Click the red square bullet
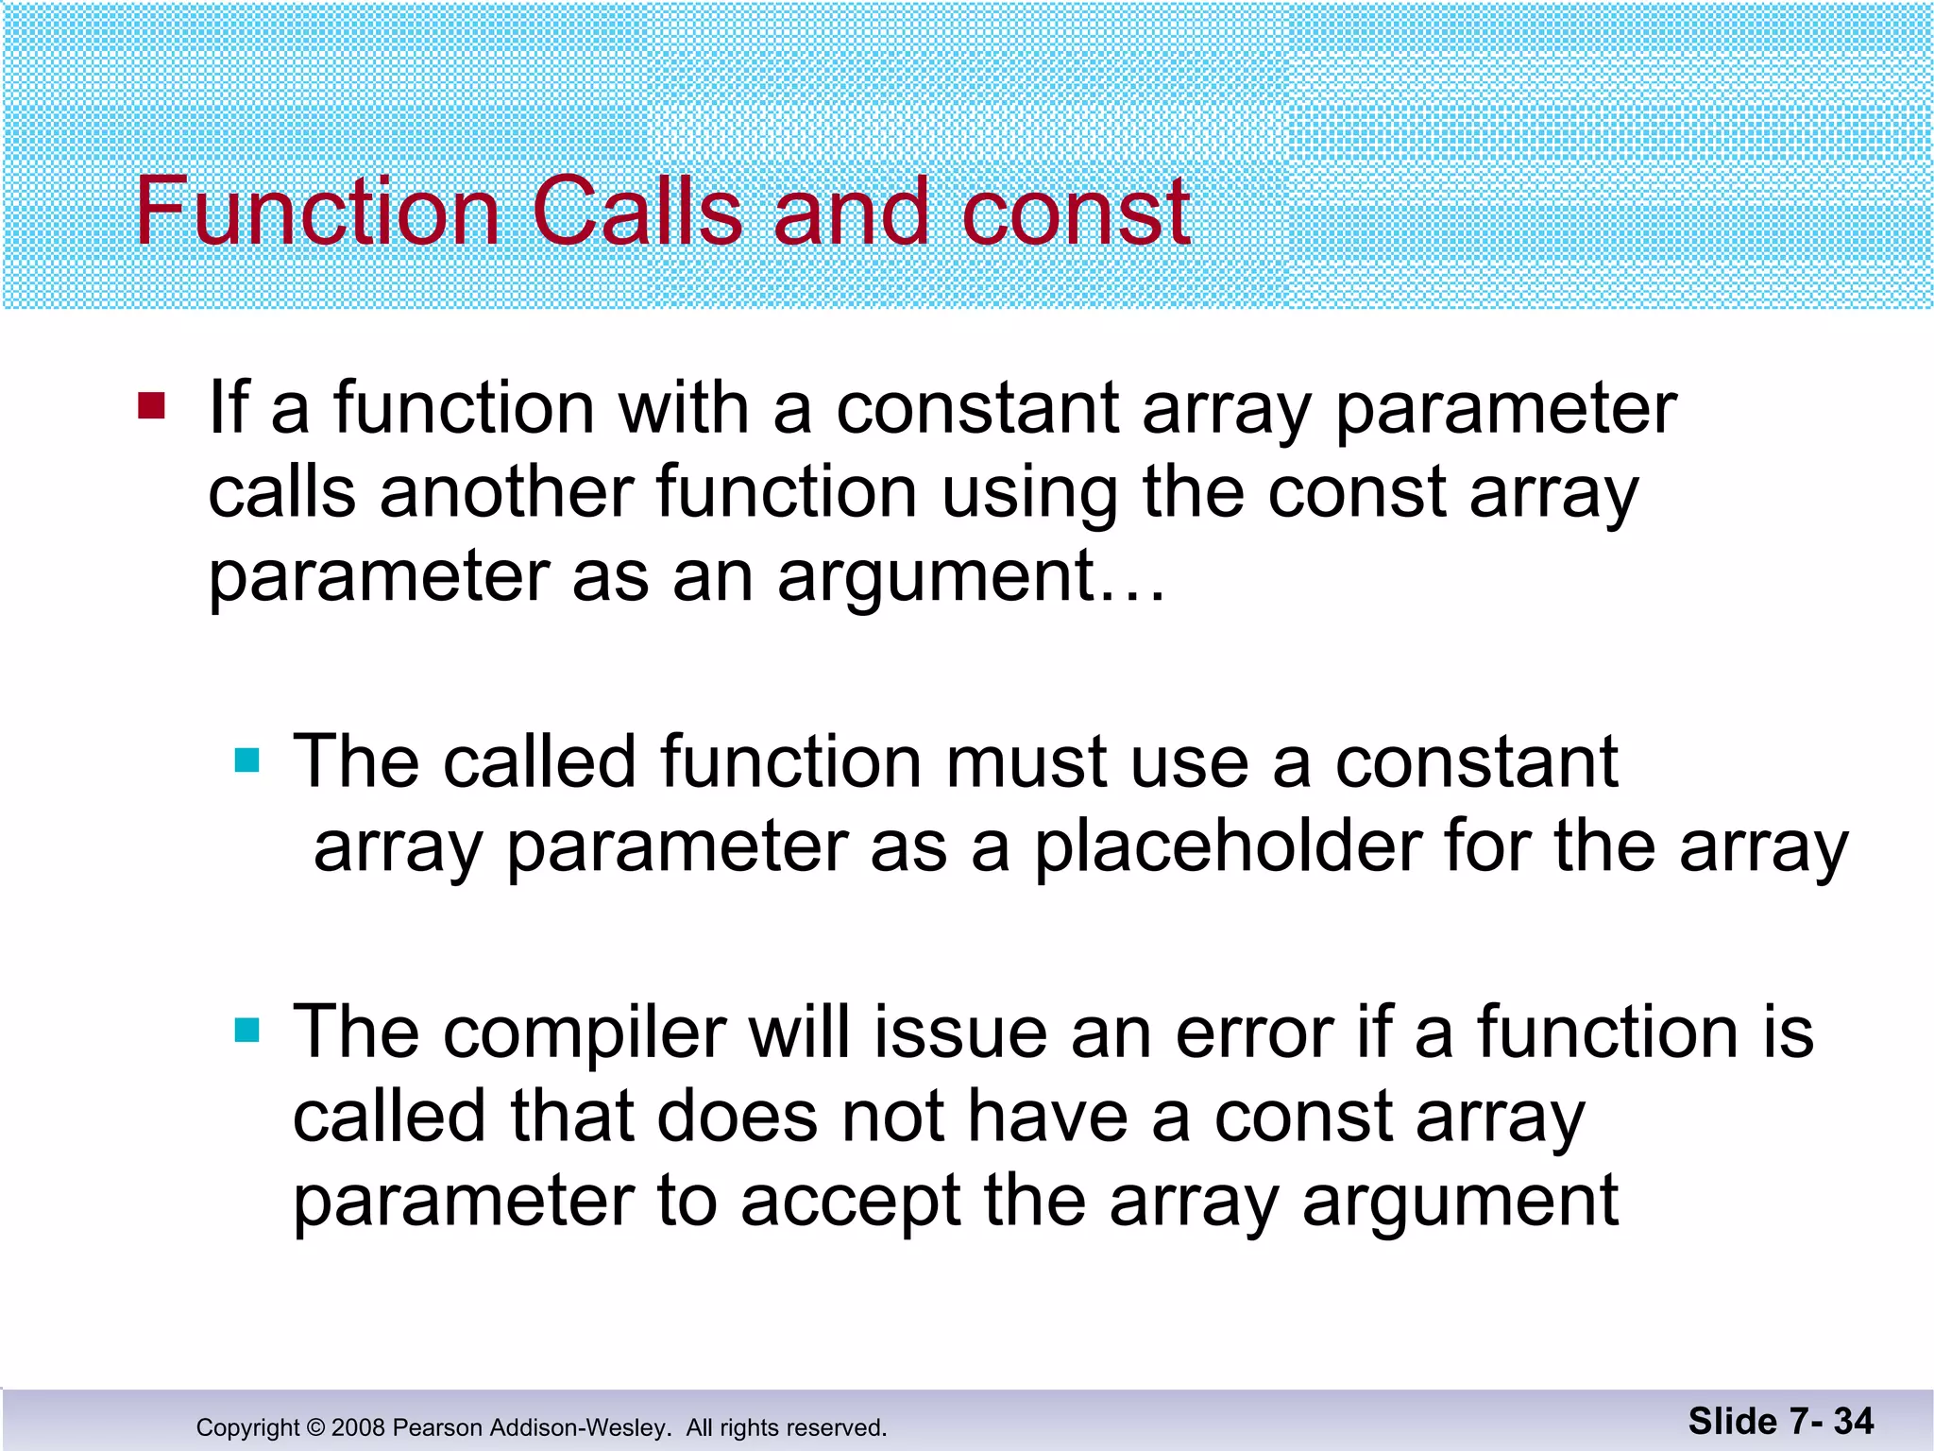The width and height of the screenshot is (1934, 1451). (151, 407)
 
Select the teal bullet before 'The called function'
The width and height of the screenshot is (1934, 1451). (246, 760)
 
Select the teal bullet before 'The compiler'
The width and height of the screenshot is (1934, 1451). (246, 1030)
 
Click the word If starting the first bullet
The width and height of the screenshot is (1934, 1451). (229, 407)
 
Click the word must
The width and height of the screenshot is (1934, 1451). (1026, 762)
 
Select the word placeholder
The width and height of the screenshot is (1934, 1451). (1228, 847)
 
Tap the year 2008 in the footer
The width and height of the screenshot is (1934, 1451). (358, 1427)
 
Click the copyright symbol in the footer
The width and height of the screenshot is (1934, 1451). (315, 1427)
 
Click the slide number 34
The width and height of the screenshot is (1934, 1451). (1853, 1422)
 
